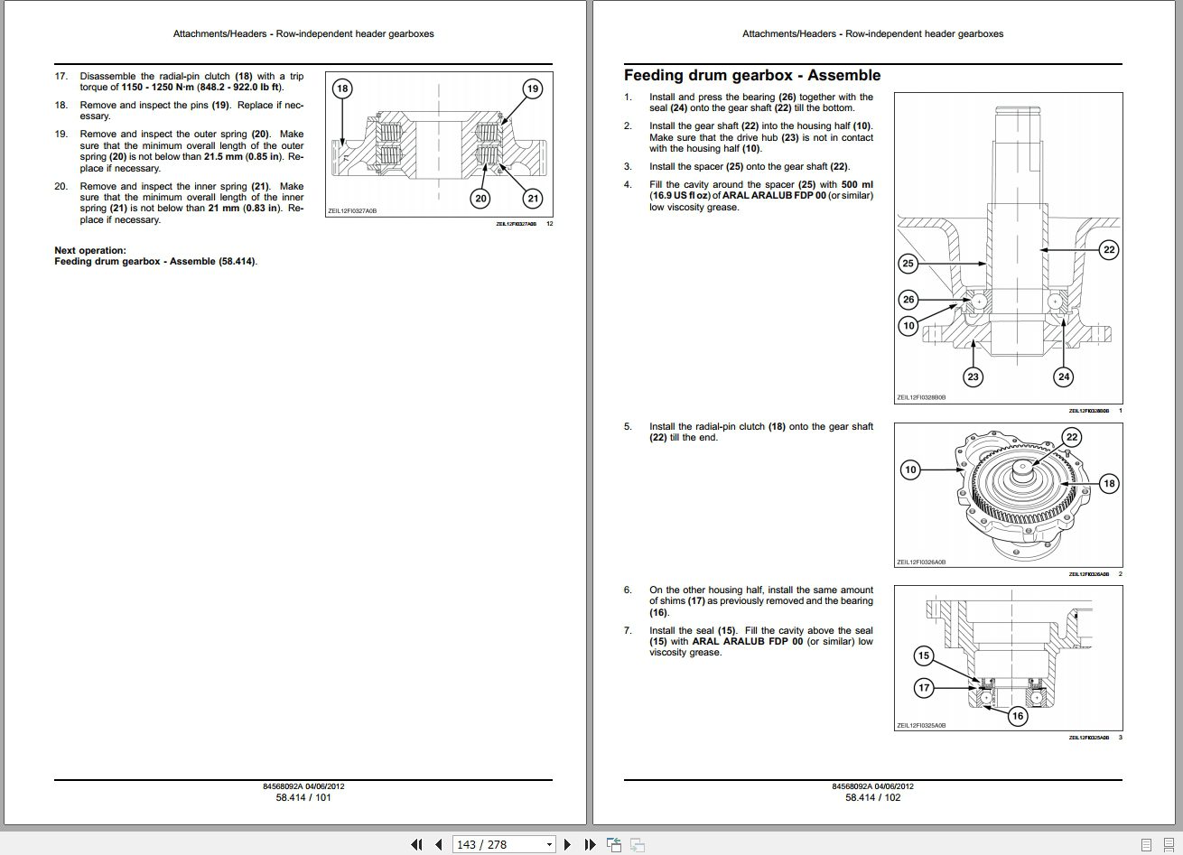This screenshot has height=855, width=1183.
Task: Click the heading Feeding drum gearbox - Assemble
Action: (751, 76)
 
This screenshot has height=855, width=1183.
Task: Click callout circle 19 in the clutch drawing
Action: (533, 88)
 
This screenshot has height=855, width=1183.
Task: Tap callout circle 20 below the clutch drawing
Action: (480, 199)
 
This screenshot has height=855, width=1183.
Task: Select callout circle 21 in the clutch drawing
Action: (533, 199)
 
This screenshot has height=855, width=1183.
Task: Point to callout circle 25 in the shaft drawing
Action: (908, 264)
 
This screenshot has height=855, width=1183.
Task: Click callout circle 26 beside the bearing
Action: (908, 300)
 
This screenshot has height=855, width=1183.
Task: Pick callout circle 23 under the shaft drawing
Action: (973, 377)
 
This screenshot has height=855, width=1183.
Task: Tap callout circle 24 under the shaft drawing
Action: (1064, 377)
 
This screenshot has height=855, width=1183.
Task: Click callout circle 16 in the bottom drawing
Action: (1018, 716)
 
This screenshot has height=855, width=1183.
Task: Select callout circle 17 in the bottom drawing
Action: (924, 688)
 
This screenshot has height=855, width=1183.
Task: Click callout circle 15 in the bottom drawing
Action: (923, 656)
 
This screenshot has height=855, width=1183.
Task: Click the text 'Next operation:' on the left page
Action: (90, 251)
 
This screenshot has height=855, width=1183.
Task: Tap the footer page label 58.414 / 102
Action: (872, 797)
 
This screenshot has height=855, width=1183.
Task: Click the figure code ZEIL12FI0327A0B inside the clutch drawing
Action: (352, 210)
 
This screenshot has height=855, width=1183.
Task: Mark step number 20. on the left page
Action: (61, 187)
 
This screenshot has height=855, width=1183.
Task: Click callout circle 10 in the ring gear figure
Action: (910, 469)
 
